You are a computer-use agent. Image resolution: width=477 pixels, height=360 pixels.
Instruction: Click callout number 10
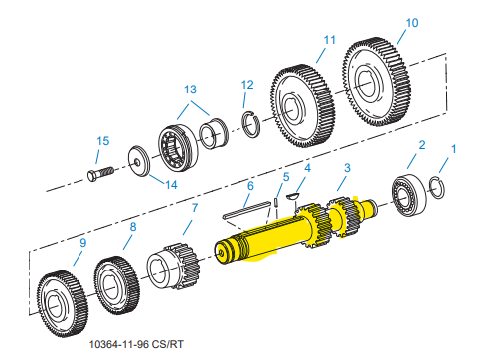[412, 23]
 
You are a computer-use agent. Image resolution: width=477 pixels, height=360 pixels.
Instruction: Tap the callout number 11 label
[329, 40]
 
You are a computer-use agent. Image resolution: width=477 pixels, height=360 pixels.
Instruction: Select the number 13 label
[190, 90]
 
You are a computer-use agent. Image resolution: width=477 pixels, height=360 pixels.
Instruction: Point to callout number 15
[103, 141]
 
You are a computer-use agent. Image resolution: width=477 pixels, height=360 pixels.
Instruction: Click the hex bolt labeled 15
[100, 174]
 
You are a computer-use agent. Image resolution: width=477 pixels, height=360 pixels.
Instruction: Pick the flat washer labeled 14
[139, 161]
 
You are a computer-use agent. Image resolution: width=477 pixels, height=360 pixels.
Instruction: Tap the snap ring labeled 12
[251, 124]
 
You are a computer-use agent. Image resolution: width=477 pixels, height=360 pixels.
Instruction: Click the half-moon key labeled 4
[292, 196]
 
